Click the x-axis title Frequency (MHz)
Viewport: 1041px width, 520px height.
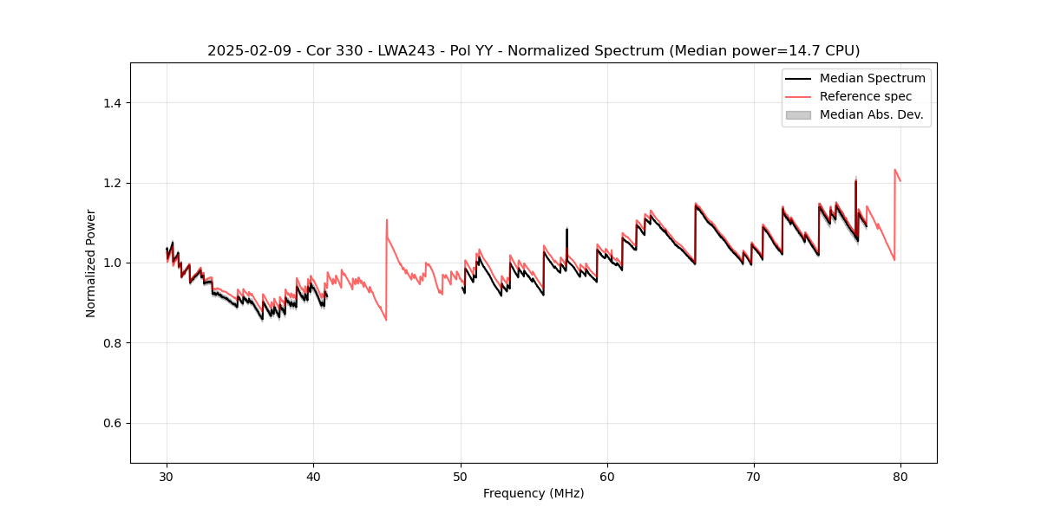(534, 493)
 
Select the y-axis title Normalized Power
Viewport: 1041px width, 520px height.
(91, 263)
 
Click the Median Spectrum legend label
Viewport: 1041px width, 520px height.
(872, 78)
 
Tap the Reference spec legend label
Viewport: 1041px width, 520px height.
(866, 96)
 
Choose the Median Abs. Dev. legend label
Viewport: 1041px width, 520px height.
(871, 114)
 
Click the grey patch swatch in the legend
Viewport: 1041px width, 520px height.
(798, 114)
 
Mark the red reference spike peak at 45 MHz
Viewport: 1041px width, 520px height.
(387, 220)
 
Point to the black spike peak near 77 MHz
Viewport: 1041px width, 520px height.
(856, 180)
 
